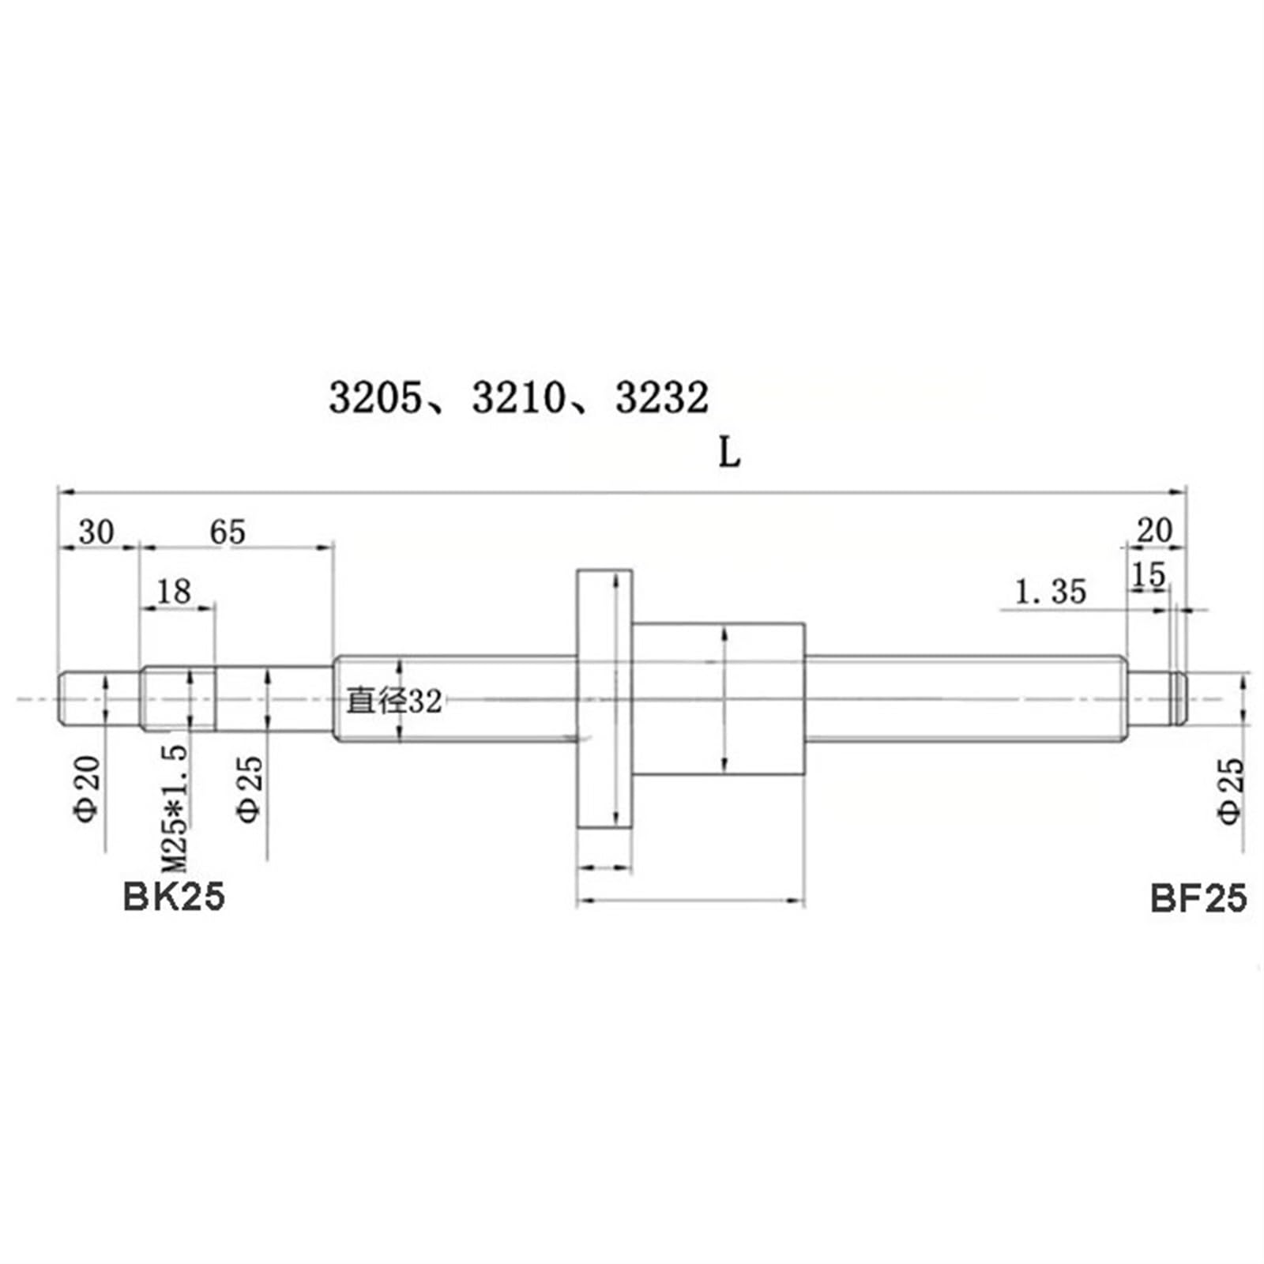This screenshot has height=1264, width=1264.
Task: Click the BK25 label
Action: pos(174,897)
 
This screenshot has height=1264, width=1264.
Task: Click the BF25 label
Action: pos(1198,898)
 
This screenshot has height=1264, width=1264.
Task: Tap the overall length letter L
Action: pos(729,453)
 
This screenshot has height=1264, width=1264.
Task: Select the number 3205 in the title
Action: pos(375,397)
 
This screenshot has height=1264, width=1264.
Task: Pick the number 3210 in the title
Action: pos(518,397)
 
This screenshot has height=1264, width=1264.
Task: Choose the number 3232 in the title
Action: pos(662,397)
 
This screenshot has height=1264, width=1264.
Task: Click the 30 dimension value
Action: pos(96,532)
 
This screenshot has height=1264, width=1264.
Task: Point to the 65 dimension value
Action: pos(228,532)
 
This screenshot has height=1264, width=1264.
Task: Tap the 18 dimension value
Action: pos(174,591)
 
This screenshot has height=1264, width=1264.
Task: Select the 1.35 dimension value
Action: pos(1050,592)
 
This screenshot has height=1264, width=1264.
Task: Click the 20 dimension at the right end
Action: pos(1154,531)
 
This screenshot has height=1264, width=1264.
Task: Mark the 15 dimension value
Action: pos(1148,575)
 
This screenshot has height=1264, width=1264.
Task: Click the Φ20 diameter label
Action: pos(88,788)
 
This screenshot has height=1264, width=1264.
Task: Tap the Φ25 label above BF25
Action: pos(1231,791)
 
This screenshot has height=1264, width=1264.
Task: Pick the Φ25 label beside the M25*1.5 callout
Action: pos(250,788)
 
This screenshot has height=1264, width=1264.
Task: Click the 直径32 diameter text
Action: pos(393,701)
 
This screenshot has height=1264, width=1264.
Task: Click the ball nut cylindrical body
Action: pos(718,698)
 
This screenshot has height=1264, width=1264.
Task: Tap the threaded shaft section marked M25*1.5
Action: pos(178,698)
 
